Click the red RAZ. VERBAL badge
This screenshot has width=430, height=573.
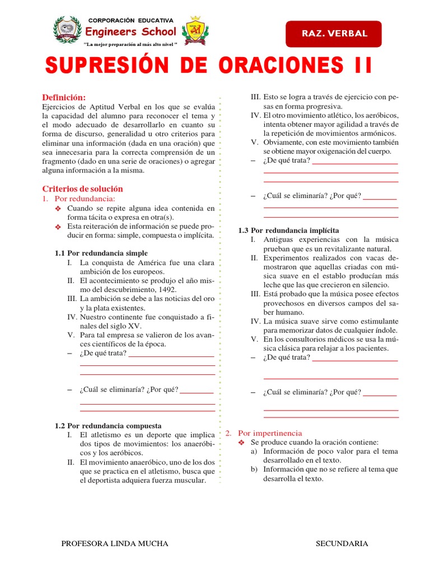click(x=334, y=34)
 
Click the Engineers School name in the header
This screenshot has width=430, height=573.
click(x=130, y=32)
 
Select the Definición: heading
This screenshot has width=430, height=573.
click(x=64, y=97)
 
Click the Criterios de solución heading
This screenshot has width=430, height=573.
click(x=82, y=189)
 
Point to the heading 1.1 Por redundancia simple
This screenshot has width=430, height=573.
click(x=101, y=253)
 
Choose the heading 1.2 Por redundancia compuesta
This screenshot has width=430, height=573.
click(x=108, y=425)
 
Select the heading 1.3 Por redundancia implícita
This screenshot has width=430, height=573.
click(x=288, y=230)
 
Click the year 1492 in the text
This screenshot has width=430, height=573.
click(x=164, y=289)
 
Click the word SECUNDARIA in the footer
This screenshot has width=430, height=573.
click(x=342, y=543)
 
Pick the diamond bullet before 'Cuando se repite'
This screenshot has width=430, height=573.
click(x=57, y=209)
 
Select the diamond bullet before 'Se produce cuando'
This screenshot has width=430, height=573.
click(x=241, y=442)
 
